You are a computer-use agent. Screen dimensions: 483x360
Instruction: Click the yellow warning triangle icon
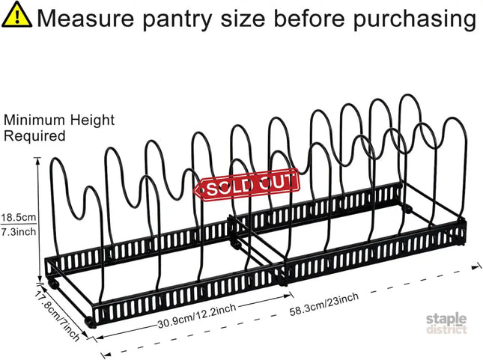16,15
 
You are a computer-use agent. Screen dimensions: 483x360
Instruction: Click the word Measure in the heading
86,19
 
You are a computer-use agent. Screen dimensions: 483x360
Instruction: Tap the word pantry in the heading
177,19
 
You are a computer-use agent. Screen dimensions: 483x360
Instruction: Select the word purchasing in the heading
415,19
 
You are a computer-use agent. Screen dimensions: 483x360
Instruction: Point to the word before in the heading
309,19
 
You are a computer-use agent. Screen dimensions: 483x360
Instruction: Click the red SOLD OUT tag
246,185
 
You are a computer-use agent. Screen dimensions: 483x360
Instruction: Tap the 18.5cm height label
19,217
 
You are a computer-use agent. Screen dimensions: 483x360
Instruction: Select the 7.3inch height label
19,231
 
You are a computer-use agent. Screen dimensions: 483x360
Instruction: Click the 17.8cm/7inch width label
56,316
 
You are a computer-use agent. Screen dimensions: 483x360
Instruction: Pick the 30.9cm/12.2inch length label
197,316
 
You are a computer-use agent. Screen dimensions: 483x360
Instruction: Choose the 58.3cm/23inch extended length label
324,304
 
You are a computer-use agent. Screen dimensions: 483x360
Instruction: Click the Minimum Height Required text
59,128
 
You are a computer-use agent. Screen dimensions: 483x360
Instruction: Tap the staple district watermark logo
446,323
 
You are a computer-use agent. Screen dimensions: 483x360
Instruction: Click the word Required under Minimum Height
34,135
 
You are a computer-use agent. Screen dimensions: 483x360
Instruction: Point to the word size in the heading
243,19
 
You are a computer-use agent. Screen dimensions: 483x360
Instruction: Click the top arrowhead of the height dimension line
38,160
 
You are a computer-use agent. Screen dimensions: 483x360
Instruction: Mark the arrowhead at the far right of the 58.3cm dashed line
476,267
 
